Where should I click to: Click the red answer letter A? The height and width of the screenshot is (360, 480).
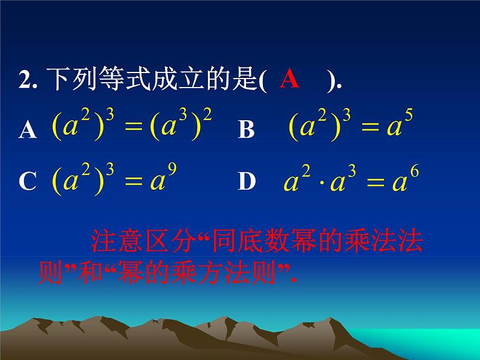point(290,79)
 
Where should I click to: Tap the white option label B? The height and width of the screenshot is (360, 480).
point(246,129)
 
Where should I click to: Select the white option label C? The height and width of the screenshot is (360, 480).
point(28,182)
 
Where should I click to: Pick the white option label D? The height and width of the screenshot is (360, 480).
point(246,181)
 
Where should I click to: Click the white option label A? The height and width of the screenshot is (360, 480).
point(28,129)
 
